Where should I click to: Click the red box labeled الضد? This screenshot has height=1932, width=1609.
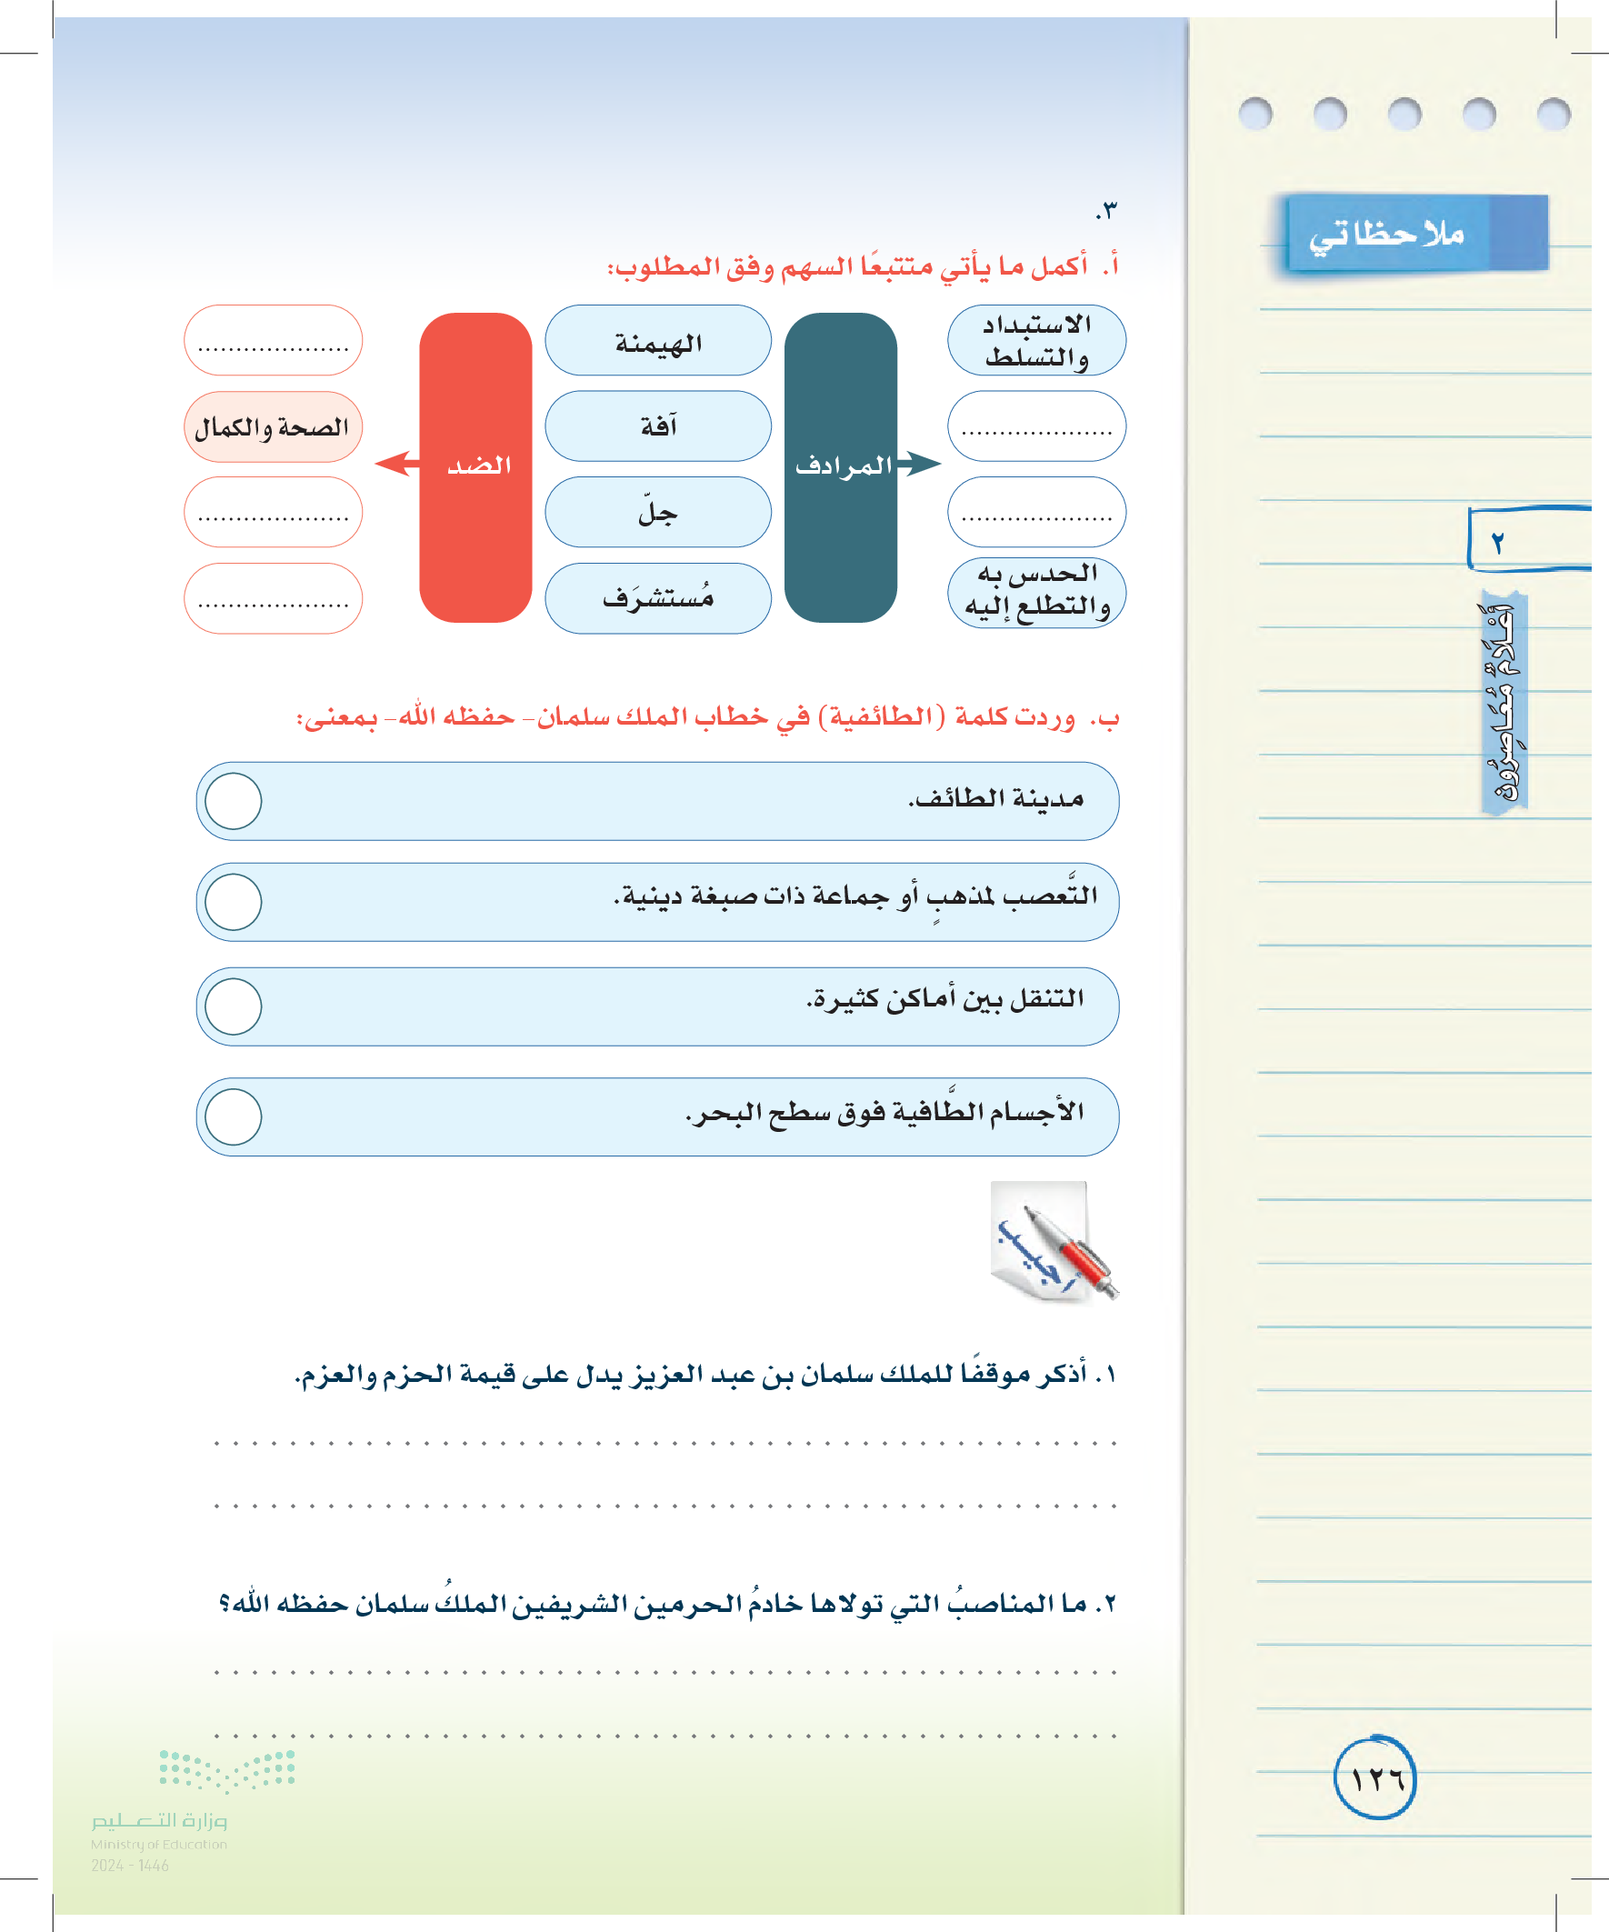(x=475, y=467)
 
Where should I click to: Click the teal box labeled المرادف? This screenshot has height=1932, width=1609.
(x=840, y=467)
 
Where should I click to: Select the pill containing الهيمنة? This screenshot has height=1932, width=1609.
(x=658, y=341)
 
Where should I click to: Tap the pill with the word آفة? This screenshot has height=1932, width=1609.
(x=658, y=426)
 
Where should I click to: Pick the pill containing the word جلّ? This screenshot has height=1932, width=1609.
(x=658, y=513)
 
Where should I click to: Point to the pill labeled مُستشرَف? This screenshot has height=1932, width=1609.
(x=658, y=598)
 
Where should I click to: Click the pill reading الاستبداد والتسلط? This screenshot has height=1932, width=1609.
(x=1036, y=341)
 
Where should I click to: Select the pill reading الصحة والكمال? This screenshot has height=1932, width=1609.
(x=273, y=427)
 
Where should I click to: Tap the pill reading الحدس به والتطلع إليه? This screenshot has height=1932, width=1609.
(x=1036, y=592)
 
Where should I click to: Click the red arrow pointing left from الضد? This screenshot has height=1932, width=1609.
(x=396, y=463)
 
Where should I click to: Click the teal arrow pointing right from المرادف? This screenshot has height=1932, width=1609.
(x=919, y=463)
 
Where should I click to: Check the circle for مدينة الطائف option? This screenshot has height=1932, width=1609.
(x=234, y=800)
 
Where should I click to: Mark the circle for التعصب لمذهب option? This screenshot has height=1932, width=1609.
(x=234, y=902)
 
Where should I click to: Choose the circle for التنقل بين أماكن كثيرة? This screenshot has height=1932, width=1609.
(x=234, y=1006)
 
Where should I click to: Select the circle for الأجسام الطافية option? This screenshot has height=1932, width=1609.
(x=234, y=1116)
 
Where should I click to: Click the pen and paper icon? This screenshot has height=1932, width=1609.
(x=1053, y=1242)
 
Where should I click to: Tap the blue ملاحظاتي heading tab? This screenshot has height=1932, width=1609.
(x=1414, y=234)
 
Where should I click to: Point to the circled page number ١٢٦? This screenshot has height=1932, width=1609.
(x=1374, y=1778)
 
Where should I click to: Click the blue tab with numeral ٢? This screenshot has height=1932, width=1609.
(x=1527, y=540)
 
